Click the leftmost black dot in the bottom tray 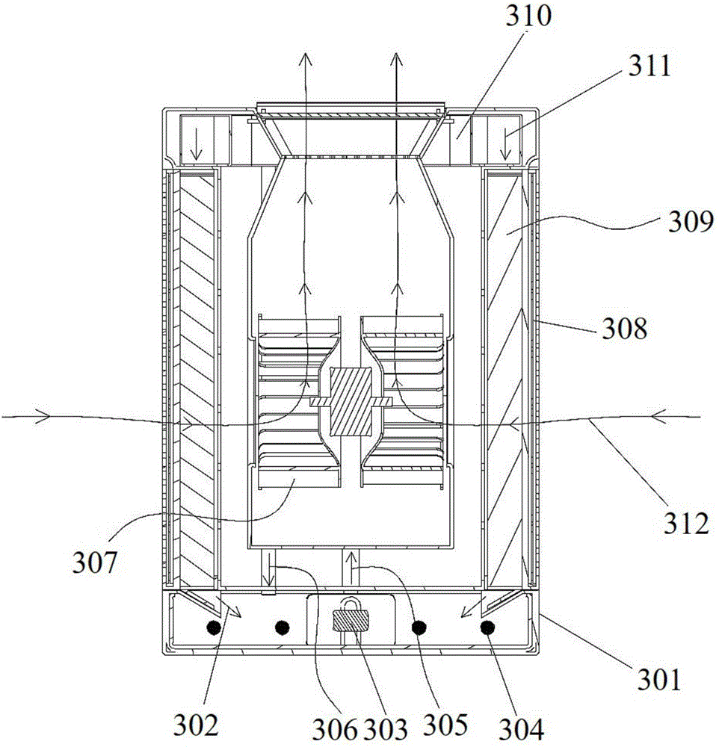215,626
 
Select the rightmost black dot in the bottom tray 488,626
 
